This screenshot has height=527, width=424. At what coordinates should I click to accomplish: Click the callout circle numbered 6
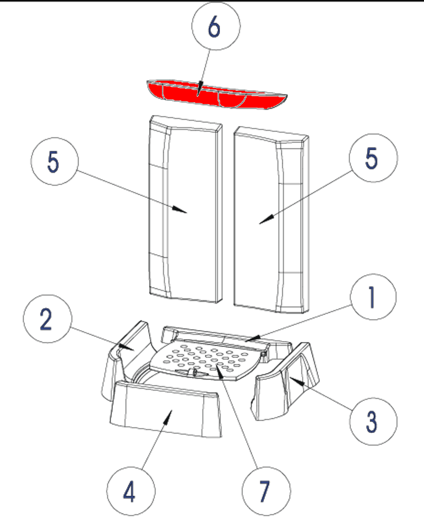pos(216,26)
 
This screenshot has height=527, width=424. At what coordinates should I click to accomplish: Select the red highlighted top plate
pos(215,94)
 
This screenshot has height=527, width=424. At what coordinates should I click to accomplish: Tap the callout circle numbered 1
pos(373,297)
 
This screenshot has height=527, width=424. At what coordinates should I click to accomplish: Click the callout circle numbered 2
pos(47,319)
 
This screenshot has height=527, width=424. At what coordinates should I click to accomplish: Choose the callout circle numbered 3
pos(373,421)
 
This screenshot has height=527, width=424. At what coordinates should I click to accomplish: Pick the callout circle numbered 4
pos(131,491)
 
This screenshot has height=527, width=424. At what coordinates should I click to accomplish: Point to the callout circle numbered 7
pos(266,491)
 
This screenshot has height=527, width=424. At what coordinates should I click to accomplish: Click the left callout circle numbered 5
pos(54,161)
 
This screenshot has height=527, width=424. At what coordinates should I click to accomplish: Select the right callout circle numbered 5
pos(373,158)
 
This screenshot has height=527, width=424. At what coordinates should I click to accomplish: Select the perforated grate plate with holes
pos(205,359)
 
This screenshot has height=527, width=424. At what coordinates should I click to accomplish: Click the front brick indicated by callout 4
pos(165,413)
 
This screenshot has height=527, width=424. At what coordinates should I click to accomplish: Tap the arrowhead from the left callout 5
pos(181,210)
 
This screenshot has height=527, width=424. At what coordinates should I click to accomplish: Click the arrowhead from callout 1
pos(251,338)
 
